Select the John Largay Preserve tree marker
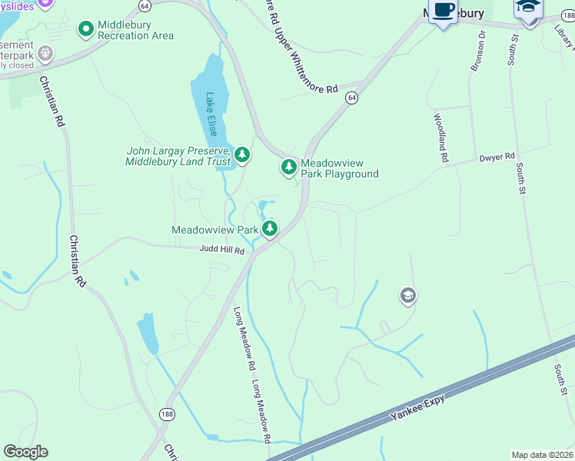[242, 156]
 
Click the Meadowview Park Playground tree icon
[288, 167]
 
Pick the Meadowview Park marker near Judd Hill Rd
[269, 228]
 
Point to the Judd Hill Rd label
[221, 250]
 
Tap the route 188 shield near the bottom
[167, 414]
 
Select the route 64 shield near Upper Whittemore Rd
[351, 98]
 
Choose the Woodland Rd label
[440, 138]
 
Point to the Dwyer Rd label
[496, 158]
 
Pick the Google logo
[25, 452]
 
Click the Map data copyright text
[543, 455]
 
